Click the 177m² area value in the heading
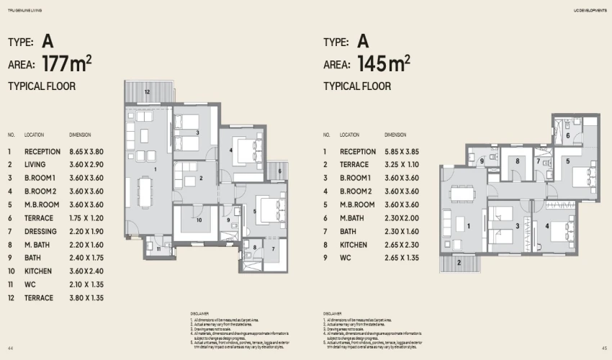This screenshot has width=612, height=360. [x=67, y=64]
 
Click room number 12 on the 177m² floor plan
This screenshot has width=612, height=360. [x=146, y=92]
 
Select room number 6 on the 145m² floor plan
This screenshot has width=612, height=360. [x=567, y=135]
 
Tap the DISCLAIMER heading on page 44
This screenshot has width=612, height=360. [x=200, y=314]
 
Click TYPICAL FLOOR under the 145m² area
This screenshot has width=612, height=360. [x=357, y=86]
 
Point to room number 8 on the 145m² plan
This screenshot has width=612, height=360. [x=517, y=161]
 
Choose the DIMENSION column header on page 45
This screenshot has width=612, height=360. [x=395, y=135]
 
